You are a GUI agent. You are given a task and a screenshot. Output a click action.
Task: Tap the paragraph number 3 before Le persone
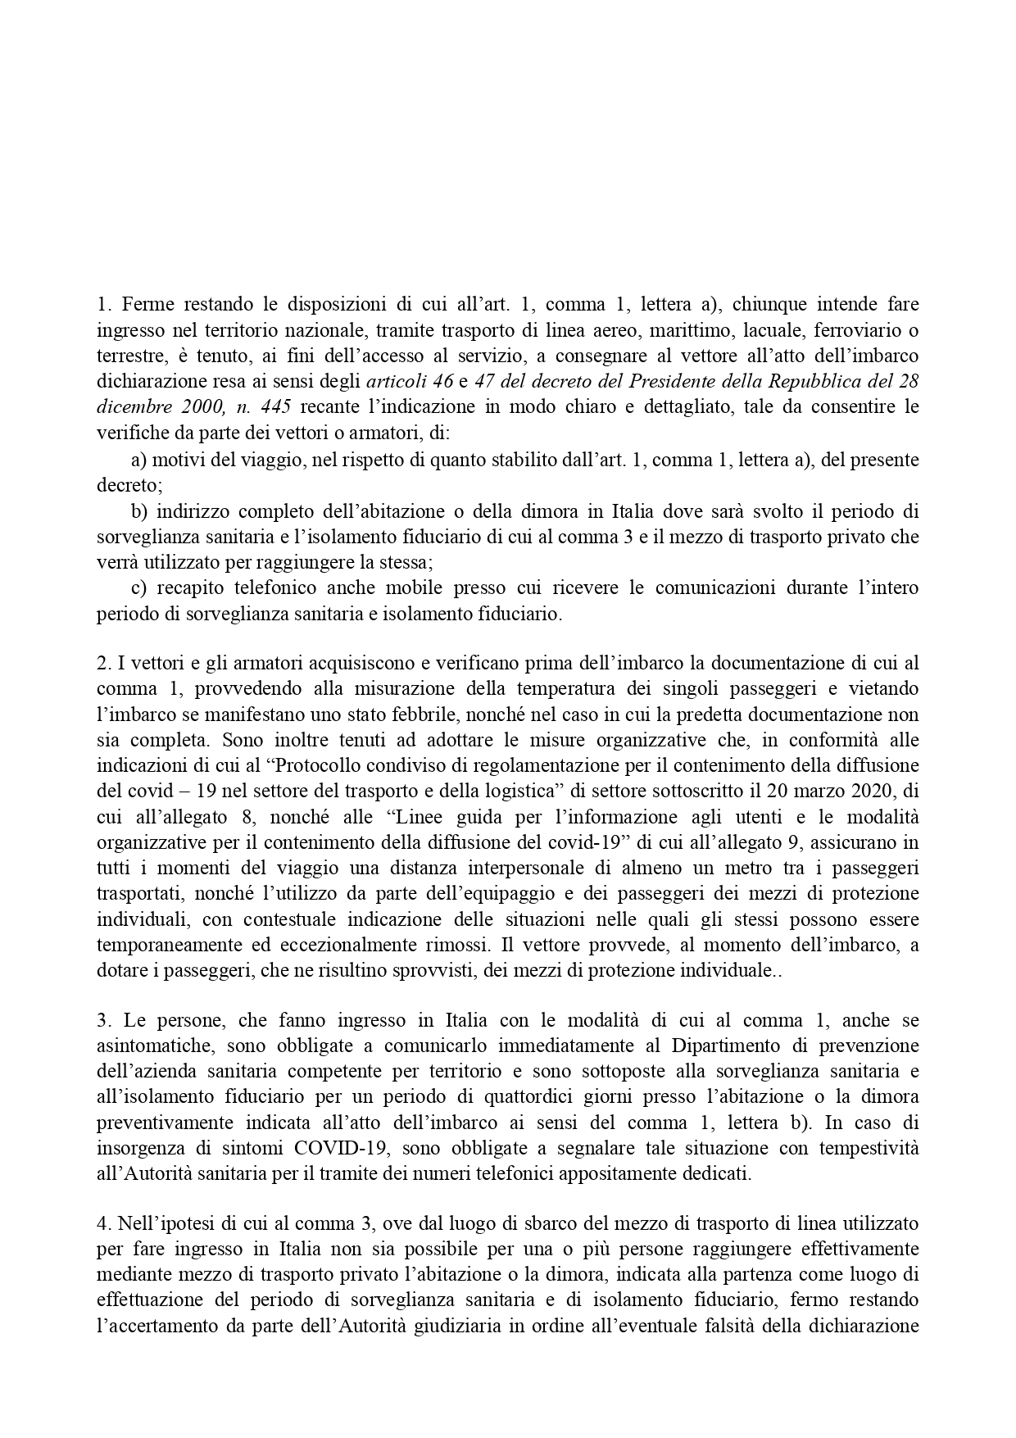click(x=102, y=1021)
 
